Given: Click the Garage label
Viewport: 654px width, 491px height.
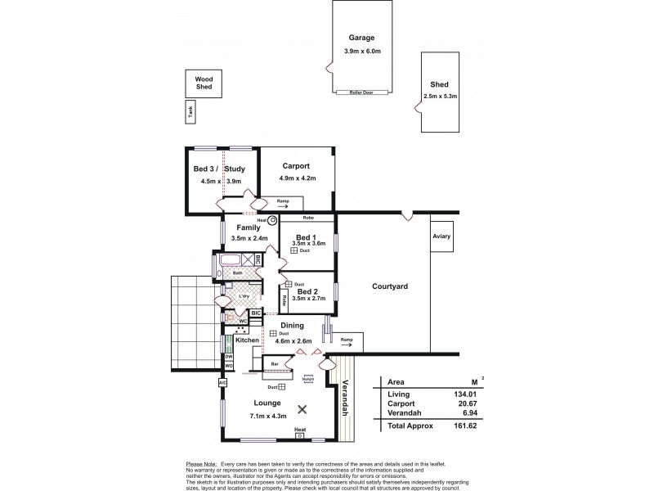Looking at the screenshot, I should coord(362,38).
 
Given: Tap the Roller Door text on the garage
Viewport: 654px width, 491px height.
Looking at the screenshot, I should coord(361,92).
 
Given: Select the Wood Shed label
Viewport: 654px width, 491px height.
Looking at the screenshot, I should coord(204,83).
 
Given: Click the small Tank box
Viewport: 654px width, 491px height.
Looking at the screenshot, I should coord(190,114).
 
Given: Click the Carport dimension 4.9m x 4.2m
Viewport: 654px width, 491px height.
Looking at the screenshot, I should coord(297,178).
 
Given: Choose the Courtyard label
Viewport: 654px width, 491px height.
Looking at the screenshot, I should coord(390,286).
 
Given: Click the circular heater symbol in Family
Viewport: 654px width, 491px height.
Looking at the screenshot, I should coord(273,220).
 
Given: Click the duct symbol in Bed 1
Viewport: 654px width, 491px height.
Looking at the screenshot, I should coord(294,251).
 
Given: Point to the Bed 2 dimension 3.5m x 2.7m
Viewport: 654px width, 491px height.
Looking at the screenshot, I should coord(308,300).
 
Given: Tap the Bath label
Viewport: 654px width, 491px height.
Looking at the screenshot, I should coord(238,273).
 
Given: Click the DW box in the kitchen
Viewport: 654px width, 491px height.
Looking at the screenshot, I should coord(229,357).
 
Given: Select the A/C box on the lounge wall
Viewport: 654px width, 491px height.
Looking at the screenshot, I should coord(222,382).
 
